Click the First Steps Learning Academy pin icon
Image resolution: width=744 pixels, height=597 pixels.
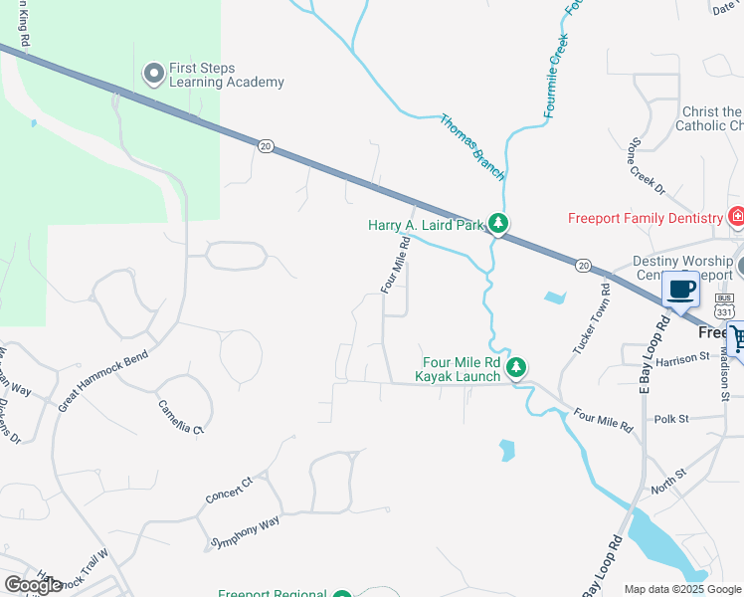point(153,74)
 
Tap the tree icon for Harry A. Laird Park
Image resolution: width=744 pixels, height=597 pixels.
point(499,225)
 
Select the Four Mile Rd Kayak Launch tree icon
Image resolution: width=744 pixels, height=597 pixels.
point(516,369)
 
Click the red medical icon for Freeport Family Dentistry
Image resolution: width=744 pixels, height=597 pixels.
point(736,217)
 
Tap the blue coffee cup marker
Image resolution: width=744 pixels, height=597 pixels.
point(681,290)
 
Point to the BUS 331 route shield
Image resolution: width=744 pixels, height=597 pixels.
point(724,300)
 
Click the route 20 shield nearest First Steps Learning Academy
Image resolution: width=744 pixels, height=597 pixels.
point(265,146)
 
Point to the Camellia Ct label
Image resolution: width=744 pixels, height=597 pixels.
point(181,417)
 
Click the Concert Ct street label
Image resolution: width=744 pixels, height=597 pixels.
point(230,489)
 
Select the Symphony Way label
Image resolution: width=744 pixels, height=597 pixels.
point(244,532)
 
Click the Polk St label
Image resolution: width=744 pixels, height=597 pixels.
point(672,419)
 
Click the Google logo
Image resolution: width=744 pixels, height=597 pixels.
point(33,585)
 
